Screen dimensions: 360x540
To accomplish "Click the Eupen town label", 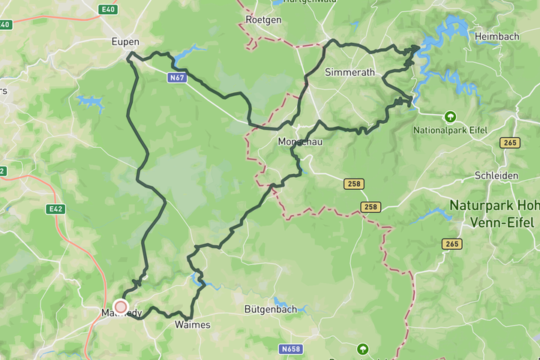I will pos(125,41).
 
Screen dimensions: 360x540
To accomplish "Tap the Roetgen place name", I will pos(263,20).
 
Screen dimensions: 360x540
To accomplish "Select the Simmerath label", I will pos(346,73).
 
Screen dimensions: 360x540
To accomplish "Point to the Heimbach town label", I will pos(497,35).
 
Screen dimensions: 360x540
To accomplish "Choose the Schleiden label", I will pos(496,175).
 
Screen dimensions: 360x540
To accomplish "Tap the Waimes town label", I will pos(192,325).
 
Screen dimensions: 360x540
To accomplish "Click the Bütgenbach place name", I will pos(271,309).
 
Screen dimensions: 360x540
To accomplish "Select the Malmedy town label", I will pos(120,313).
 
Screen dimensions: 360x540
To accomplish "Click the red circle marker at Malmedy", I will pos(120,306).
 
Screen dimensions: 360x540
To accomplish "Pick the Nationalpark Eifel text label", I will pos(450,130).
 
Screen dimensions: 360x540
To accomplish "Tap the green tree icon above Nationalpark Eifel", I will pos(450,116).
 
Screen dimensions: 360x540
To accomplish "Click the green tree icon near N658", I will pos(363,349).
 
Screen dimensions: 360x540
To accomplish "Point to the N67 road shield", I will pos(177,77).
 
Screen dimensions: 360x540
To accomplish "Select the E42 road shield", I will pos(55,209).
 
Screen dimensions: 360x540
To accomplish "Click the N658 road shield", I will pos(292,349).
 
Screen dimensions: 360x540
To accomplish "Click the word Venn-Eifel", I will pos(502,223).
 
